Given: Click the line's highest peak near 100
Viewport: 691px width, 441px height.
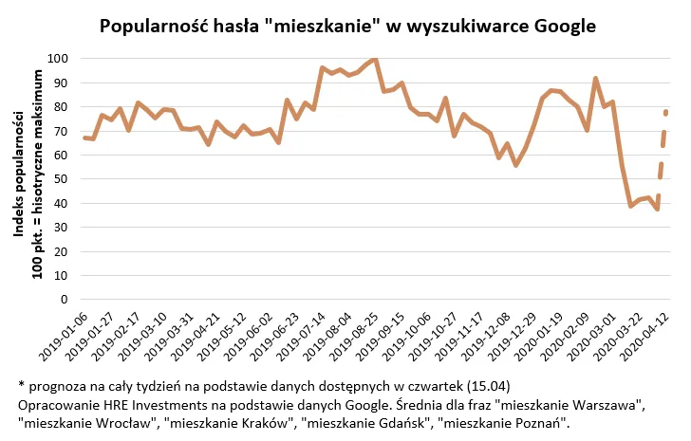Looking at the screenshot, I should [x=375, y=60].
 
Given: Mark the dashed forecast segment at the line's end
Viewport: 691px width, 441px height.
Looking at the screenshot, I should [x=663, y=142].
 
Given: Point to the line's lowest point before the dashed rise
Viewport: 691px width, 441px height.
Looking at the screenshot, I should [x=656, y=209].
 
